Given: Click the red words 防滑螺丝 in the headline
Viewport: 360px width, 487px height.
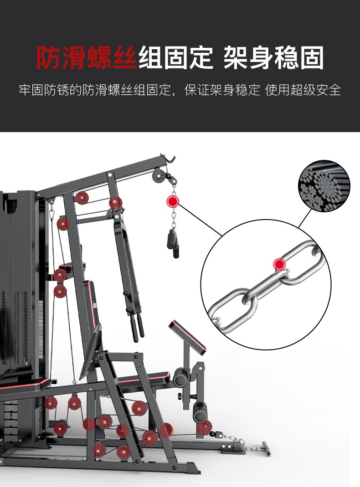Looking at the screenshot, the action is (86, 58).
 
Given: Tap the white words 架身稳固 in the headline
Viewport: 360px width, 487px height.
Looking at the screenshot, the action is (274, 58).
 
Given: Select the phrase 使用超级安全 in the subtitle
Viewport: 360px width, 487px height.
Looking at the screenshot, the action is (303, 90).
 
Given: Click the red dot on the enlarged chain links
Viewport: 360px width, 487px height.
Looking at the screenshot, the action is (279, 264).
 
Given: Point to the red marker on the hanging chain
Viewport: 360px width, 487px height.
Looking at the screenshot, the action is (172, 201).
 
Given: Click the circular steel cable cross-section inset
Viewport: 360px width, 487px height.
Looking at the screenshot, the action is (324, 186).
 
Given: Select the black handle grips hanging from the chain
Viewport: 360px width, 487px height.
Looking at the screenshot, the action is (173, 243).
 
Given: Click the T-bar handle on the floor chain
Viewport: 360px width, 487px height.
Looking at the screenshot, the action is (266, 448).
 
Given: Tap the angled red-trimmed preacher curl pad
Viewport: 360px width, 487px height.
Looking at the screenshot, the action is (187, 338).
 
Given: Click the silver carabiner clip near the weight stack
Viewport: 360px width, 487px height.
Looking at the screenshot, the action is (52, 214).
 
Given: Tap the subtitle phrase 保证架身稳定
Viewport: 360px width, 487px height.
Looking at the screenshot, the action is (222, 90).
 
